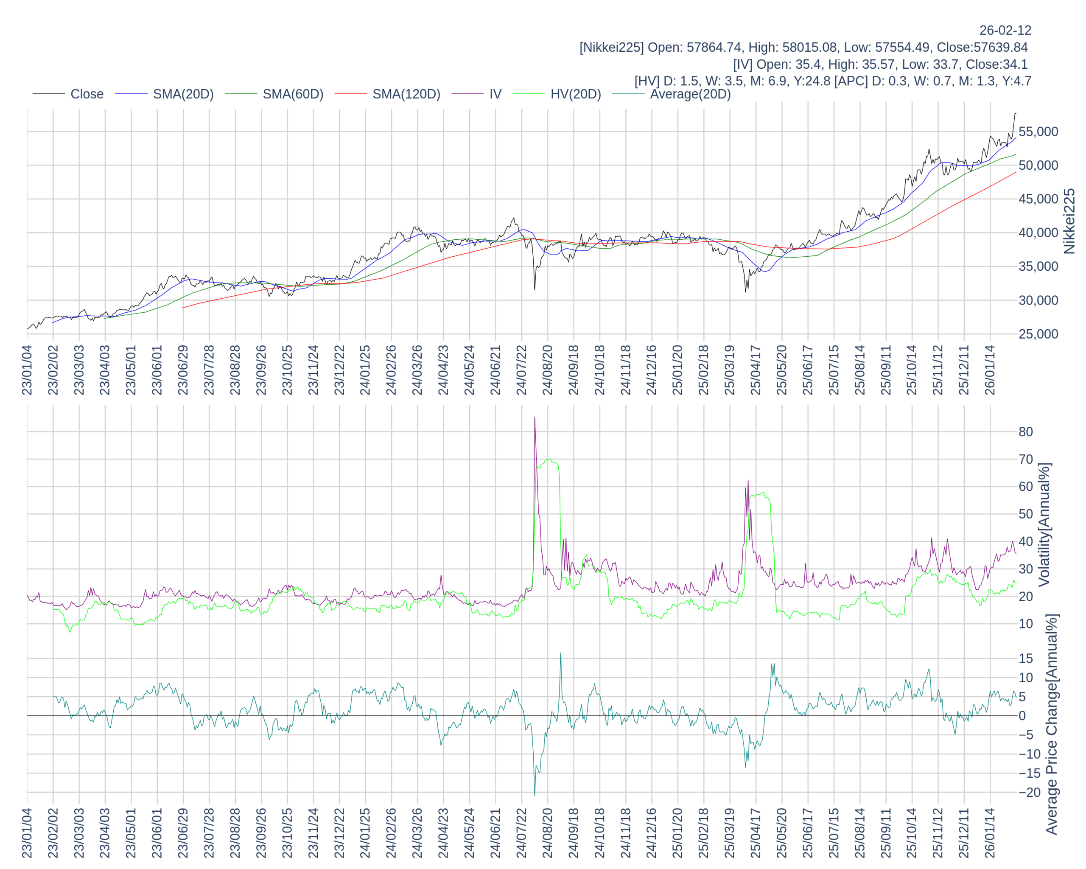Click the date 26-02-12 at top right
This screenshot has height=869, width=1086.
pyautogui.click(x=1005, y=31)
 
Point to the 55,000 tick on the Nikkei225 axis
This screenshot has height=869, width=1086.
pyautogui.click(x=1038, y=132)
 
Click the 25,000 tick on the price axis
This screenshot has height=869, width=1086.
pyautogui.click(x=1038, y=334)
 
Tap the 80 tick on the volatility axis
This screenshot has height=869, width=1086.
pyautogui.click(x=1026, y=432)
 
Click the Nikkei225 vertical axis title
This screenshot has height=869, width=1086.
pyautogui.click(x=1069, y=221)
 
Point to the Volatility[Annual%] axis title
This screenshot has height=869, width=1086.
pyautogui.click(x=1044, y=524)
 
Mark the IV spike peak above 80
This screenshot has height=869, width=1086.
pyautogui.click(x=535, y=418)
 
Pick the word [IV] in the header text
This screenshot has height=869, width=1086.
pyautogui.click(x=742, y=64)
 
